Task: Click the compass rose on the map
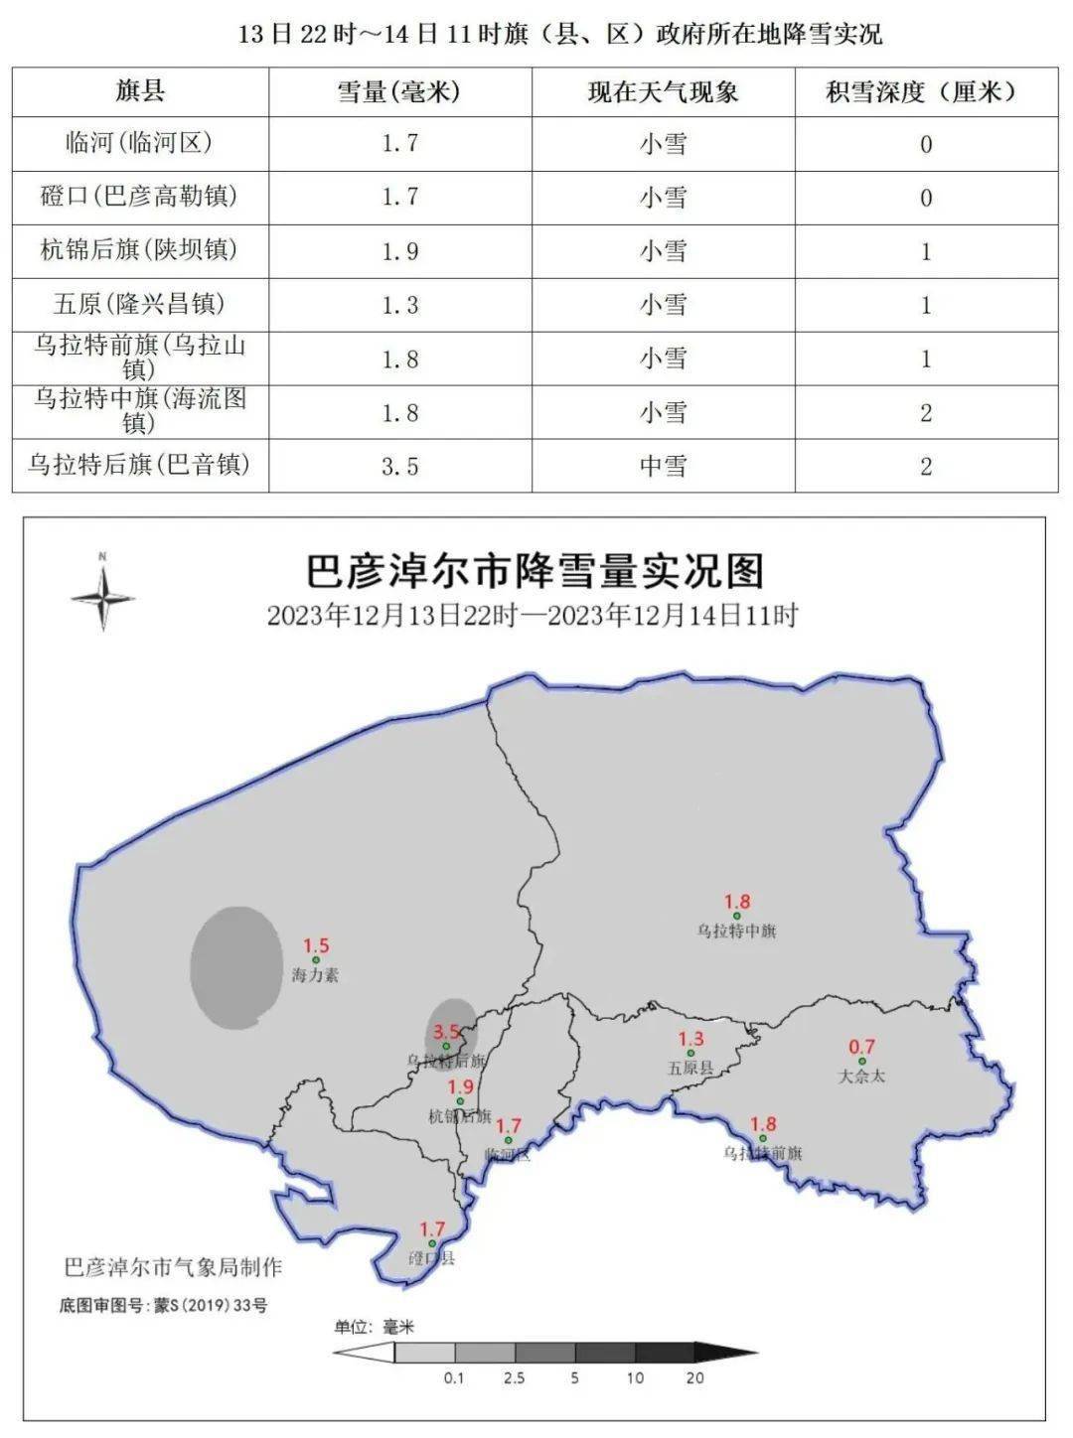[x=102, y=596]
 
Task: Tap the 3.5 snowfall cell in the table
[x=399, y=466]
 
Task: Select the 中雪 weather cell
[x=663, y=466]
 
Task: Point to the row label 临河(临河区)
[x=139, y=143]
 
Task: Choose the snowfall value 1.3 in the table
[x=399, y=305]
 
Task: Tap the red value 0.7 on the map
[x=861, y=1046]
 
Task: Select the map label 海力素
[x=315, y=975]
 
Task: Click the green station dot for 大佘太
[x=861, y=1062]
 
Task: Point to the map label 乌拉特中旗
[x=736, y=932]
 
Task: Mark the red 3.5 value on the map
[x=447, y=1032]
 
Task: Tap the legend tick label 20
[x=694, y=1378]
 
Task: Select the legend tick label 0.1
[x=455, y=1378]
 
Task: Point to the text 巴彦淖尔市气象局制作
[x=173, y=1267]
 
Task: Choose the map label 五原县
[x=690, y=1070]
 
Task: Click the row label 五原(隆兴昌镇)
[x=139, y=304]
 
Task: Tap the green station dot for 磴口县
[x=432, y=1243]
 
